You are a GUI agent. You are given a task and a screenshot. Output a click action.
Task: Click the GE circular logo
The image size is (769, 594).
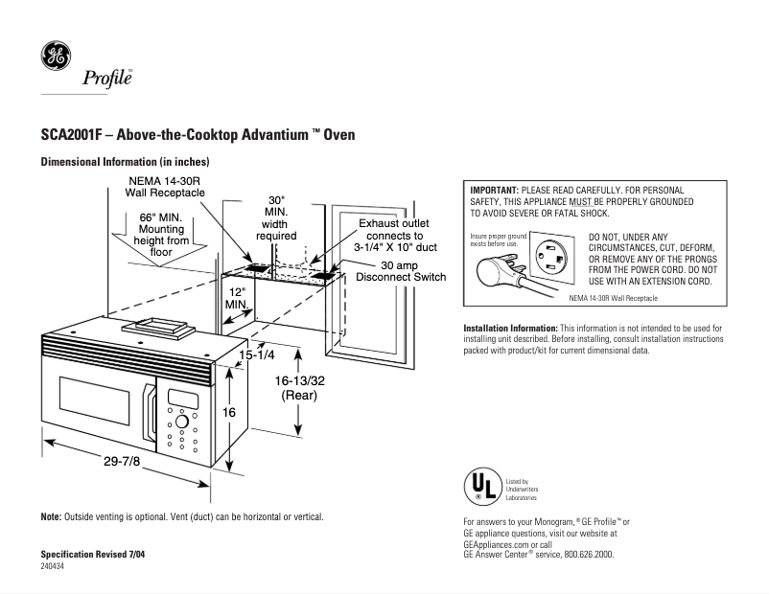55,57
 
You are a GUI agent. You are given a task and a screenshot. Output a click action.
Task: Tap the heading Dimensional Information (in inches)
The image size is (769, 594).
125,163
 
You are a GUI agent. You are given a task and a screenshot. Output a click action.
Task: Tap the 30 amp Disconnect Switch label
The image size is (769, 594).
401,271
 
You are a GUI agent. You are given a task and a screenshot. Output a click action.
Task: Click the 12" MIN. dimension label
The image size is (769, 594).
237,297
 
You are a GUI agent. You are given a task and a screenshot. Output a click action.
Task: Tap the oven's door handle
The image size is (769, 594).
151,416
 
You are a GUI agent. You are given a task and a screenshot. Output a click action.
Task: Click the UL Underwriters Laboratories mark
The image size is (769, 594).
482,488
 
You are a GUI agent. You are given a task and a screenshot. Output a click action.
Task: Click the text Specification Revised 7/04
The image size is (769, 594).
93,555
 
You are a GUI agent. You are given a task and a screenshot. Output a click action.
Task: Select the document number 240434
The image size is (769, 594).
54,567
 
